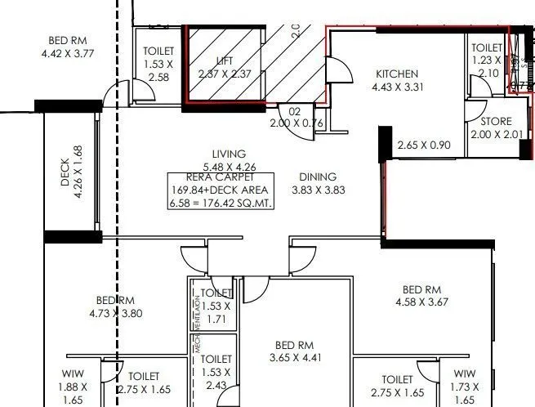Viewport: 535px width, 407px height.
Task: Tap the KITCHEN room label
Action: click(x=395, y=74)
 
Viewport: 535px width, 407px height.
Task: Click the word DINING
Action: click(x=318, y=177)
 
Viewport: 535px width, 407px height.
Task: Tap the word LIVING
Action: click(x=229, y=154)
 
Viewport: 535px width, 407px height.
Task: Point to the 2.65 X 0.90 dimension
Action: click(x=423, y=146)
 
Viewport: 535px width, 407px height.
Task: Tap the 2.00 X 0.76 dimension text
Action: click(x=296, y=123)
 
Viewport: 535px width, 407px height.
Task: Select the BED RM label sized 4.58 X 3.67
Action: click(x=421, y=289)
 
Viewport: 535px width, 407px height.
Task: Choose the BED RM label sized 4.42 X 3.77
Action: click(x=68, y=42)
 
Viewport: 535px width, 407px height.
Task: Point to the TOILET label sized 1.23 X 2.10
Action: click(x=487, y=48)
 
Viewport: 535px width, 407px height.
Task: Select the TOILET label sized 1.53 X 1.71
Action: click(x=216, y=293)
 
